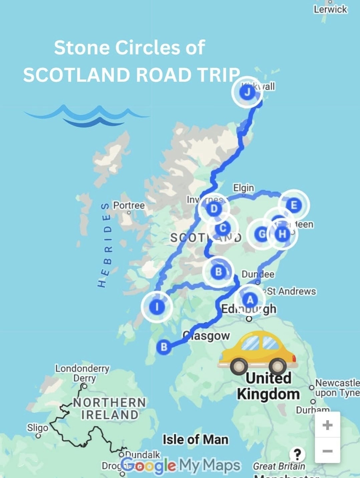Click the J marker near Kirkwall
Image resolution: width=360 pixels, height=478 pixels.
(x=247, y=92)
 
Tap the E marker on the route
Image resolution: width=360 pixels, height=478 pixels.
(x=294, y=205)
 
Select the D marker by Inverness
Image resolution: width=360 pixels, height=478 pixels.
(x=214, y=209)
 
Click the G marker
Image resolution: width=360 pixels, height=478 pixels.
(x=262, y=234)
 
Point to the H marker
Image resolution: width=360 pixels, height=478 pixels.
(x=282, y=234)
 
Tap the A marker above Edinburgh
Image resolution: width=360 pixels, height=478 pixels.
(x=250, y=299)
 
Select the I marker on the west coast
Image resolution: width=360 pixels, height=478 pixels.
(x=157, y=306)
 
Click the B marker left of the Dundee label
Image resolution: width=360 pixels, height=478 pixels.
(x=218, y=272)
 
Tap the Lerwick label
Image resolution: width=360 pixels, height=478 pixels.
(x=330, y=9)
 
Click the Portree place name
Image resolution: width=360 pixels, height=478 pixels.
(x=129, y=205)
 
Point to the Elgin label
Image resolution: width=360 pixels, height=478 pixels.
(x=244, y=188)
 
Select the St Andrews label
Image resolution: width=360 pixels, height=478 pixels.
(x=291, y=291)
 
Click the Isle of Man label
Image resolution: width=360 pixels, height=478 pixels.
(x=196, y=439)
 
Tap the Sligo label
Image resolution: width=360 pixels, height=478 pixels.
(x=37, y=428)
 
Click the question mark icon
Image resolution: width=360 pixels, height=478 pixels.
(x=297, y=454)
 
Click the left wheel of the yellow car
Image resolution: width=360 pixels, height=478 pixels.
(x=239, y=366)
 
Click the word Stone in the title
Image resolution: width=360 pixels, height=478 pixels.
(x=82, y=47)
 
